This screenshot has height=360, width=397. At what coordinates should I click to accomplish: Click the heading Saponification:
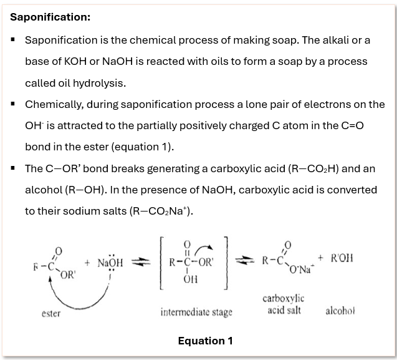coord(50,17)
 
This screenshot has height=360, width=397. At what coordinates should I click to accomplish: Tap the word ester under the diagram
coord(50,313)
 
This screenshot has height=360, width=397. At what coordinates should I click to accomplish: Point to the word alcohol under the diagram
coord(340,310)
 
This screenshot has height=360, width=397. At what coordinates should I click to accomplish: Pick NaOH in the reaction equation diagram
coord(110,263)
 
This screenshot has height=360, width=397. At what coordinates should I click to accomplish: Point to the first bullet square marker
coord(12,39)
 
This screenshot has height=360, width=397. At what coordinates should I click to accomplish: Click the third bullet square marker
coord(12,168)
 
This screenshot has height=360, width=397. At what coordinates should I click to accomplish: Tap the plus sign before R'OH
coord(320,257)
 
